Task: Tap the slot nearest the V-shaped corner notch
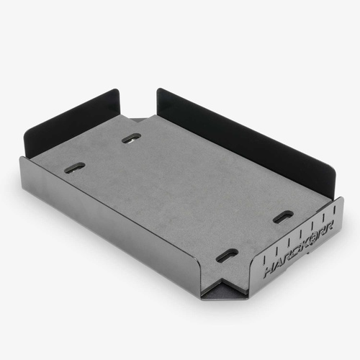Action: (x=227, y=254)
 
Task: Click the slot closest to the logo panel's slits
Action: (x=283, y=216)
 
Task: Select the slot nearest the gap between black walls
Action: (x=131, y=138)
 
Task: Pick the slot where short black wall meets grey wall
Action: (x=74, y=167)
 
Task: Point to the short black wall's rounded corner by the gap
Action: (x=116, y=94)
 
